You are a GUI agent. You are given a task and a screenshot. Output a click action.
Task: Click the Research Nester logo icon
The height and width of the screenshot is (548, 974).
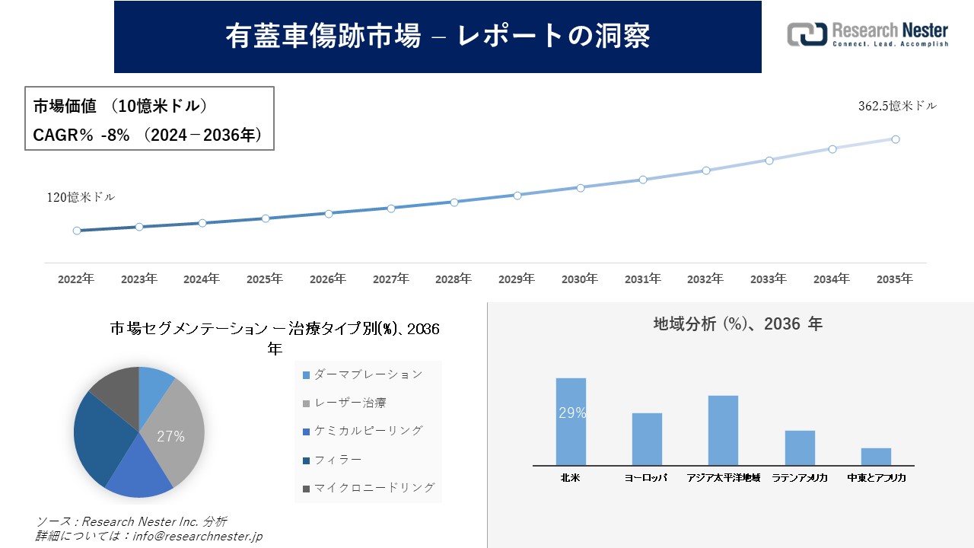[x=807, y=34]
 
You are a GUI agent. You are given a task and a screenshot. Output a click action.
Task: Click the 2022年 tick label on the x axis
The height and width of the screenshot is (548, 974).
[x=76, y=279]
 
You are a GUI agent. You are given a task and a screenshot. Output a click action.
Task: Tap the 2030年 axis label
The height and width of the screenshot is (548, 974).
[x=580, y=279]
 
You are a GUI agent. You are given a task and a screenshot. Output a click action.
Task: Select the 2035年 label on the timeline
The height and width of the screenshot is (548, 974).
[x=895, y=279]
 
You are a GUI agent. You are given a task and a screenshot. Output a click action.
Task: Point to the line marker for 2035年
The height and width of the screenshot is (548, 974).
[x=896, y=139]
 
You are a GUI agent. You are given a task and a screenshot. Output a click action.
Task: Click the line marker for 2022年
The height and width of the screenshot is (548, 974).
[x=77, y=231]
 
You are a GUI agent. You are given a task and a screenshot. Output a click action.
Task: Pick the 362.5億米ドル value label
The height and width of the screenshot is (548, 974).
[x=897, y=107]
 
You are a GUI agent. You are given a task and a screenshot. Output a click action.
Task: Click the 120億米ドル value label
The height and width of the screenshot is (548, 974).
[x=81, y=197]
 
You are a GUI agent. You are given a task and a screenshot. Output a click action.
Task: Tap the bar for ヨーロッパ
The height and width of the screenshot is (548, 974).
[x=647, y=439]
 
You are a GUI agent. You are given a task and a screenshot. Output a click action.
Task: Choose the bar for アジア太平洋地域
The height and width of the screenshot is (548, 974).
[x=723, y=430]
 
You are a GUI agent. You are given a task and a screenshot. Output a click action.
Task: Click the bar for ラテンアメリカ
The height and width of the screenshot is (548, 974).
[x=800, y=448]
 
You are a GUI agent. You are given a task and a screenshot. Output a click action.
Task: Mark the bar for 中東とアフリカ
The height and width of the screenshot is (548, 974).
[x=876, y=457]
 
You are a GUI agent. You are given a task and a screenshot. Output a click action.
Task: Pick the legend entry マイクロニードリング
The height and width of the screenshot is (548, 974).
[x=368, y=488]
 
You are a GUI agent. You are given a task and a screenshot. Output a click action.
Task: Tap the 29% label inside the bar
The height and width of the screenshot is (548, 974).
[x=572, y=413]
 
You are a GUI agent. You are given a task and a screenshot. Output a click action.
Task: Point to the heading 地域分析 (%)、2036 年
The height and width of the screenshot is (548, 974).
[x=737, y=324]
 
